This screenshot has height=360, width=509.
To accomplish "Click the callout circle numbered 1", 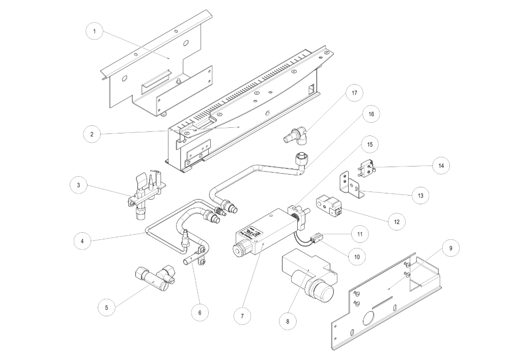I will click(x=94, y=32).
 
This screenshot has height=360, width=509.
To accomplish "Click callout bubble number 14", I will click(x=440, y=165).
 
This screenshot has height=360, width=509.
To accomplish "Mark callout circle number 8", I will click(x=288, y=321).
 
